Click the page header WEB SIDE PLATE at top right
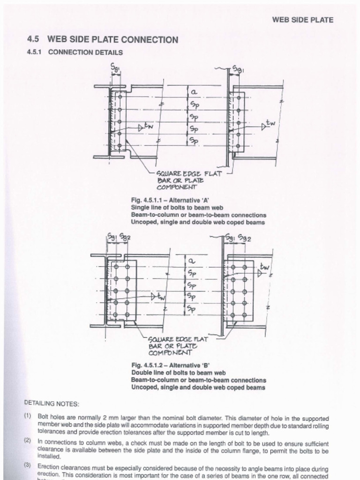(x=302, y=20)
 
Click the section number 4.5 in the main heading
(x=33, y=40)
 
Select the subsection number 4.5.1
(x=35, y=52)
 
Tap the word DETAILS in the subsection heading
(x=109, y=52)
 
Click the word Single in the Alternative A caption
(x=141, y=207)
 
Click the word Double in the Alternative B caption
(x=142, y=373)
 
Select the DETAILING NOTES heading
(x=51, y=404)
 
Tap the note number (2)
(x=28, y=442)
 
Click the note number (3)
(x=28, y=466)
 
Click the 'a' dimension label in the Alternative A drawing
(x=193, y=93)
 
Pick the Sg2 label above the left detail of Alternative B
(x=125, y=237)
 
